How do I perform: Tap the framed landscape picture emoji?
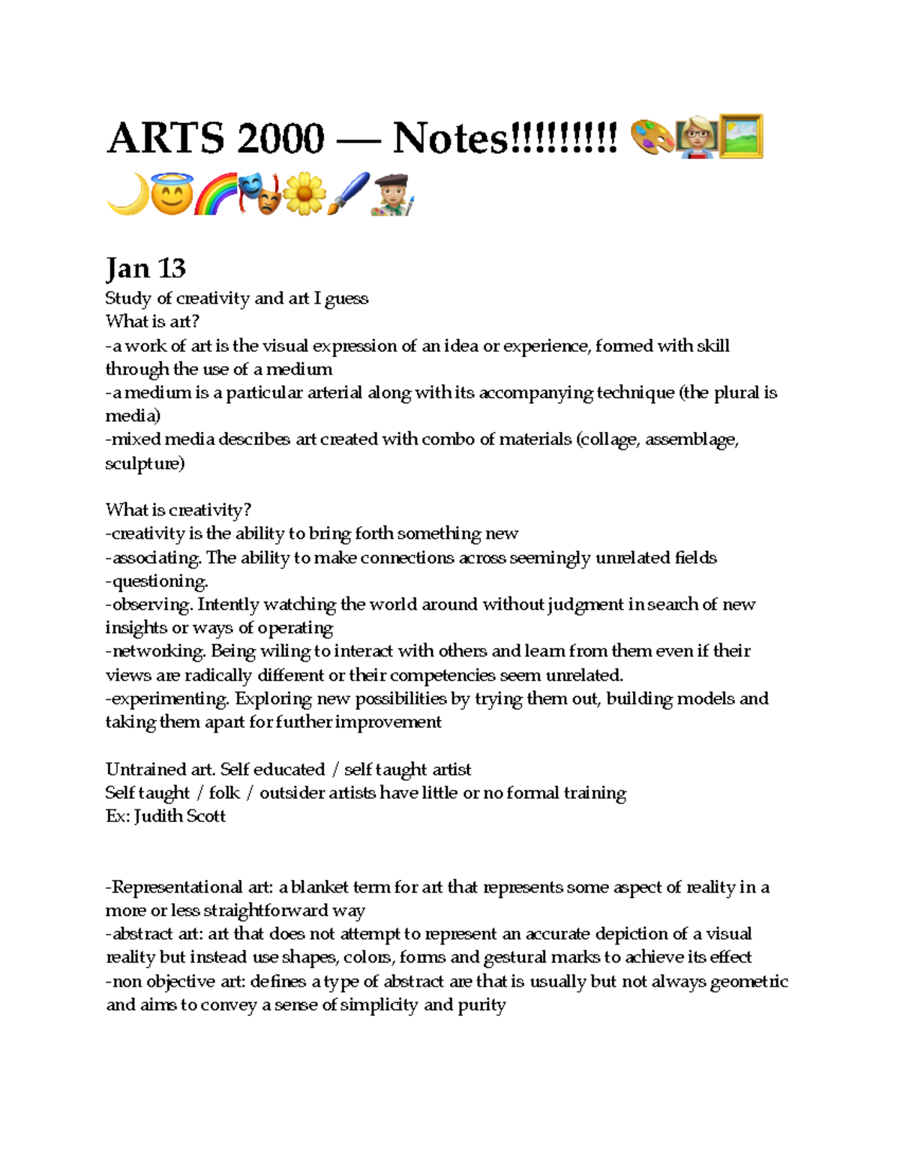coord(741,137)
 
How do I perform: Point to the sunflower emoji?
coord(304,194)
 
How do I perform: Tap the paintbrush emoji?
coord(348,194)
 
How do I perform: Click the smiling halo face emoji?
coord(171,194)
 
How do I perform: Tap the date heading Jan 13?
coord(145,268)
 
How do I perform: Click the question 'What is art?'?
coord(152,322)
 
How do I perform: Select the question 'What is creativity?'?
coord(178,510)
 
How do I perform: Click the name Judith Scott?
coord(180,816)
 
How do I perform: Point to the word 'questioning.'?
coord(159,581)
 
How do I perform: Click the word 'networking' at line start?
coord(157,651)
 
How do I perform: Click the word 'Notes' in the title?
coord(450,139)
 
